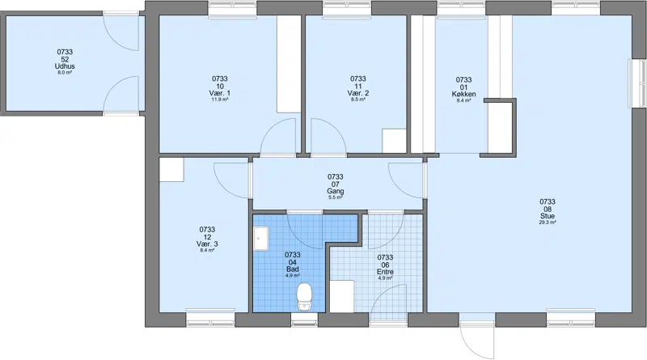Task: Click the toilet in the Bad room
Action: (304, 296)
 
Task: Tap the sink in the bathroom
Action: (260, 238)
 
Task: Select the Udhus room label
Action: (65, 66)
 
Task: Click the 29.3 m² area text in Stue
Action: (548, 222)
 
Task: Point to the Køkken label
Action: (463, 94)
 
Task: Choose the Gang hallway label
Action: (336, 191)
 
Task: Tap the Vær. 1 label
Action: (220, 93)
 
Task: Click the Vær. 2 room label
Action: (358, 93)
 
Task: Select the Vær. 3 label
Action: (207, 244)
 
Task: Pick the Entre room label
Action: (385, 272)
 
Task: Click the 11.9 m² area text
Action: (220, 100)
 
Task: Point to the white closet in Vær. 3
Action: (171, 170)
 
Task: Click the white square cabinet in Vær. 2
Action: (395, 141)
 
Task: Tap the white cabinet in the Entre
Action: (341, 296)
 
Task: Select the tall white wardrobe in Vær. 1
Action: (289, 64)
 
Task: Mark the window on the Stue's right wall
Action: (637, 84)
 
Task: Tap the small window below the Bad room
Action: (305, 320)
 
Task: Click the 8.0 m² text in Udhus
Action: (65, 73)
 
